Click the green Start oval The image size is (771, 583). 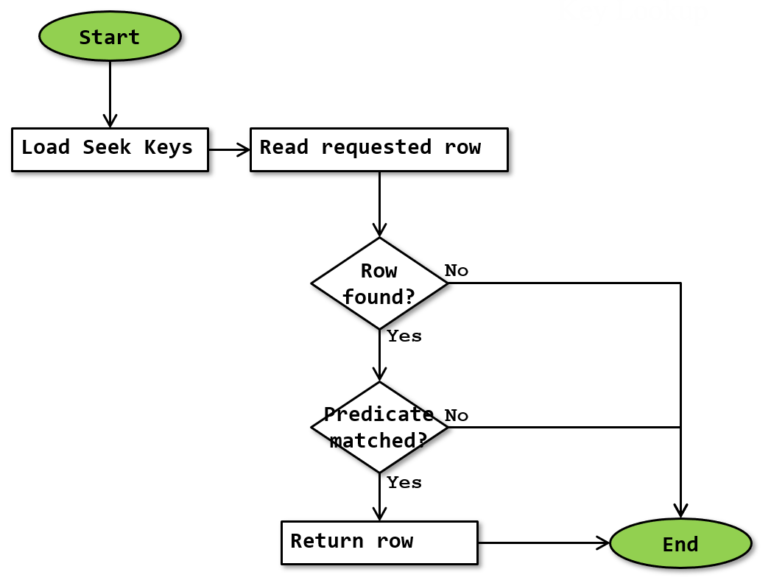110,37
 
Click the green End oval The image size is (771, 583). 680,544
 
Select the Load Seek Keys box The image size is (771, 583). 110,149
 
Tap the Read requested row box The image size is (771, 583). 379,149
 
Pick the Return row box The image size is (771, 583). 379,543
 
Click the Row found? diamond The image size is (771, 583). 379,283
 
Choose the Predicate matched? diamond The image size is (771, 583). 379,427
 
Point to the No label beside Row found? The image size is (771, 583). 457,271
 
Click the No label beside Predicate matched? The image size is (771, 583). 457,416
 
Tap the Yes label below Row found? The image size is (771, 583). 404,336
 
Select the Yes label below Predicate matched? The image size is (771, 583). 404,483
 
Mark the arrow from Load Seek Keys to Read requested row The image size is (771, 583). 229,149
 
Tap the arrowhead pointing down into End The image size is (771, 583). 680,510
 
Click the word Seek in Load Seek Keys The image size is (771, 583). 107,147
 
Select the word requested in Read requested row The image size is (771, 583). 376,147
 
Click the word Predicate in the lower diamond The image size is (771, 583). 379,414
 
